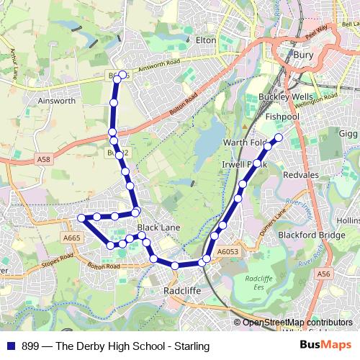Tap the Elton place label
pos(206,40)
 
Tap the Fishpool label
pos(281,116)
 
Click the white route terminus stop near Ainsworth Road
pos(122,75)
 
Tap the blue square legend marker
pos(11,346)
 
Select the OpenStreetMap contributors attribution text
pos(297,323)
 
